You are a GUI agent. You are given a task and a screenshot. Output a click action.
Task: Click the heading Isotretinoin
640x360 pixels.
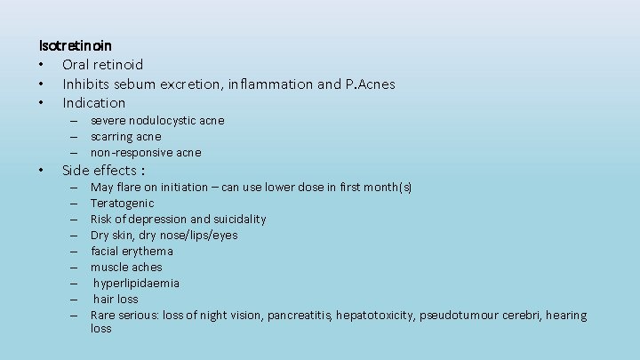tap(75, 44)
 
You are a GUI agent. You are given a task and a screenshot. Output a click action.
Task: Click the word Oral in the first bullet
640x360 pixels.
tap(77, 64)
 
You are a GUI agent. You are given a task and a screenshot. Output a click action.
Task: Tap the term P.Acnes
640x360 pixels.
tap(369, 84)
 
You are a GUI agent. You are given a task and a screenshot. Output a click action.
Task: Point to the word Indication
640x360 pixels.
tap(93, 102)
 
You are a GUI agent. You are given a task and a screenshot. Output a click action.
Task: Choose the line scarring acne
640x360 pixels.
tap(125, 136)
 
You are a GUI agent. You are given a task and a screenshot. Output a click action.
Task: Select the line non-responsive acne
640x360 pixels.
tap(146, 152)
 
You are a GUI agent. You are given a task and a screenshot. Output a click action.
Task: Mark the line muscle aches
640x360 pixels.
tap(126, 267)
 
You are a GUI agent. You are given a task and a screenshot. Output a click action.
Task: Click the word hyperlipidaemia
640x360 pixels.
tap(136, 283)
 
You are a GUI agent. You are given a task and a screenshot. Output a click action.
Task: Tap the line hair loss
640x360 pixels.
tap(116, 299)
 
